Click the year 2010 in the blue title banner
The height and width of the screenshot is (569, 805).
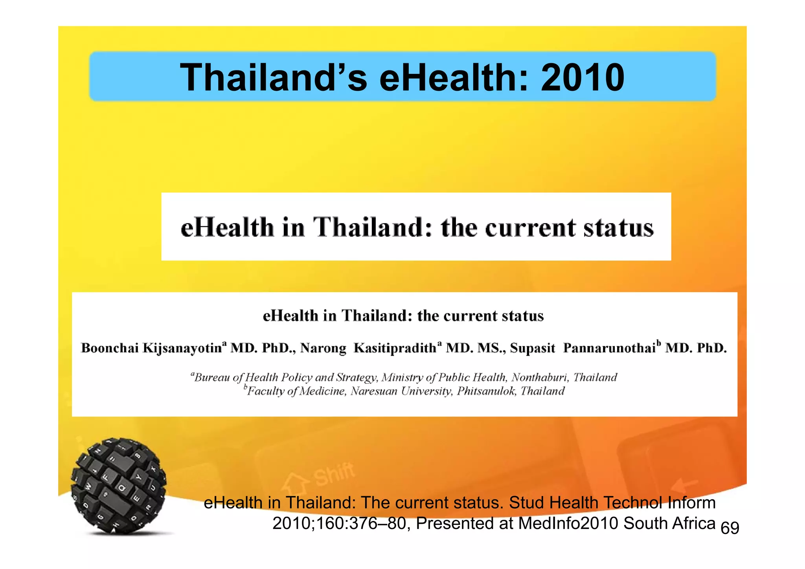(x=582, y=77)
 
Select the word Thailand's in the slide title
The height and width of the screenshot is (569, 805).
(x=274, y=77)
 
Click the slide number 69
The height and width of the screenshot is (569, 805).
(x=730, y=528)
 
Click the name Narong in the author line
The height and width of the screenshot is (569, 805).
(x=323, y=348)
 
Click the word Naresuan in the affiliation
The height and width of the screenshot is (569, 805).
(x=374, y=391)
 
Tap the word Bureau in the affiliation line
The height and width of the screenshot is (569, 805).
(x=212, y=378)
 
